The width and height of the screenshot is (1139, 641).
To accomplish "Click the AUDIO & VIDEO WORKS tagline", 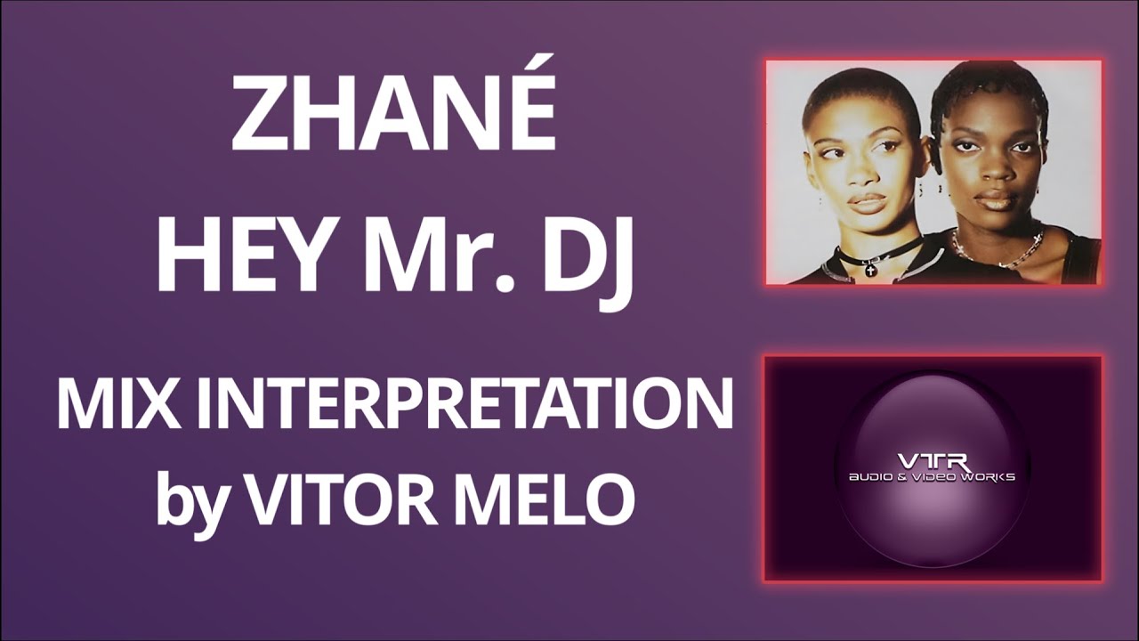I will click(932, 477).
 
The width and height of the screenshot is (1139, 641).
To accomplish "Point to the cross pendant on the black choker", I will click(870, 268).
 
